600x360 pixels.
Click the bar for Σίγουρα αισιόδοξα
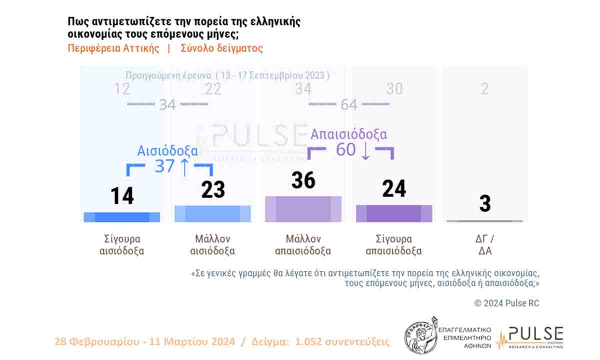click(121, 217)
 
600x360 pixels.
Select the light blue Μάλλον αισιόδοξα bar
click(212, 213)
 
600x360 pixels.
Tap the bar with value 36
click(303, 209)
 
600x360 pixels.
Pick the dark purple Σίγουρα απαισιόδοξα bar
click(394, 213)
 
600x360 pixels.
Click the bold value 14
click(121, 195)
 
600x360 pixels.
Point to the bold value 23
click(213, 190)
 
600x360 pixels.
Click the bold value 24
click(394, 189)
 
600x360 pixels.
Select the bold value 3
click(484, 204)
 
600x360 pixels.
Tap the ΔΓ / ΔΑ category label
click(484, 245)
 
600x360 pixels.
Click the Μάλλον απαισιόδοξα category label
click(303, 245)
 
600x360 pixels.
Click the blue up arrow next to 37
click(184, 166)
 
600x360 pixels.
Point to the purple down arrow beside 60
click(365, 150)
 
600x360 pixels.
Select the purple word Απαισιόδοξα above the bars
click(348, 134)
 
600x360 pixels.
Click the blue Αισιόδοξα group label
click(167, 151)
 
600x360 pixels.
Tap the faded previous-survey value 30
click(394, 89)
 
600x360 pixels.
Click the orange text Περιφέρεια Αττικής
click(113, 48)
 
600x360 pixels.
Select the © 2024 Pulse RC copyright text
click(506, 303)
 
